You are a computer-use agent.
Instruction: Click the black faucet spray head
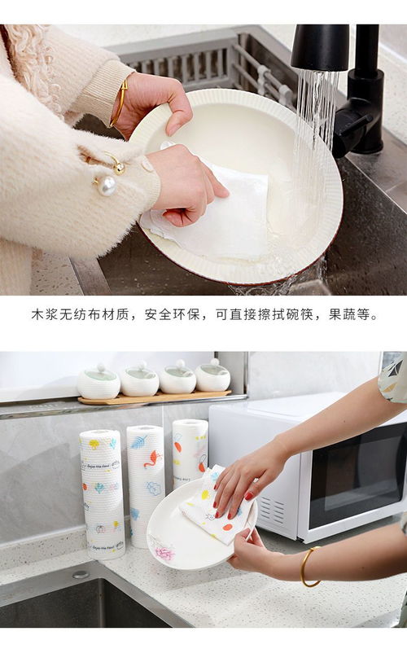pos(320,47)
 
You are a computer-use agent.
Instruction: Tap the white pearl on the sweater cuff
pos(106,186)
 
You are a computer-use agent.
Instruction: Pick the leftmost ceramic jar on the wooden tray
pos(98,383)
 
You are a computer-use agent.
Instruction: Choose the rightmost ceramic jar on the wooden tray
pos(212,377)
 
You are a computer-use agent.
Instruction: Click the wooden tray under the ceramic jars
pos(155,398)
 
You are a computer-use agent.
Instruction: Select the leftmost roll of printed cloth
pos(102,493)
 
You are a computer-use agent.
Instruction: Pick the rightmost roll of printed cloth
pos(190,452)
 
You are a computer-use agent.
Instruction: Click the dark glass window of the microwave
pos(358,489)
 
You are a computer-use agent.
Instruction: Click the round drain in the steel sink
pos(80,574)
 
